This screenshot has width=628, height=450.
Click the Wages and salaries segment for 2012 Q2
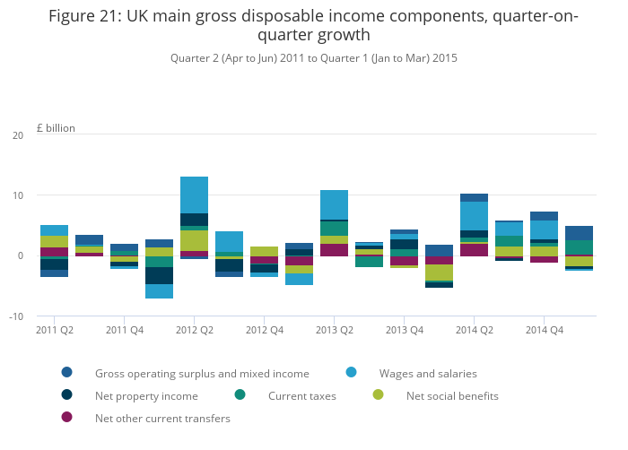pos(195,195)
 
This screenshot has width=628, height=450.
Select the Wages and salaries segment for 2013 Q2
pos(334,205)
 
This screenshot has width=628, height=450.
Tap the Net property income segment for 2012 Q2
pos(195,220)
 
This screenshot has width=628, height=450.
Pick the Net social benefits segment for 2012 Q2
pos(195,240)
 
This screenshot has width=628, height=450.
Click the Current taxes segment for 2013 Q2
pos(334,229)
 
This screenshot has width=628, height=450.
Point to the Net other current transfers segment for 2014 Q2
pos(475,250)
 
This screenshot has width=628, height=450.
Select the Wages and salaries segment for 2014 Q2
pos(475,216)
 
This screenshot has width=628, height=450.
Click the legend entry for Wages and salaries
pos(412,373)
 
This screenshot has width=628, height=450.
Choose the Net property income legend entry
pos(130,395)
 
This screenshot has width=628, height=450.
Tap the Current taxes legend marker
pos(240,394)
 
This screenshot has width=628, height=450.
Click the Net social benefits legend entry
pos(436,395)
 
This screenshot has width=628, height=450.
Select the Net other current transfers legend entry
pos(145,418)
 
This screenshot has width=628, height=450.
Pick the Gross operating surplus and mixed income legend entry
pos(186,373)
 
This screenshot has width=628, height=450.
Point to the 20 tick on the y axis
pos(18,135)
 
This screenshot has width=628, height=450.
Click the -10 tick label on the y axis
pos(16,316)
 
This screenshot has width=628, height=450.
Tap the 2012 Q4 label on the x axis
pos(265,330)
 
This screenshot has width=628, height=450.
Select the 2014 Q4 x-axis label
pos(545,330)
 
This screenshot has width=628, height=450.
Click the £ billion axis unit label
pos(56,128)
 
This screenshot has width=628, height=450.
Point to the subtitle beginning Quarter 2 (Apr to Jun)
pos(314,58)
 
